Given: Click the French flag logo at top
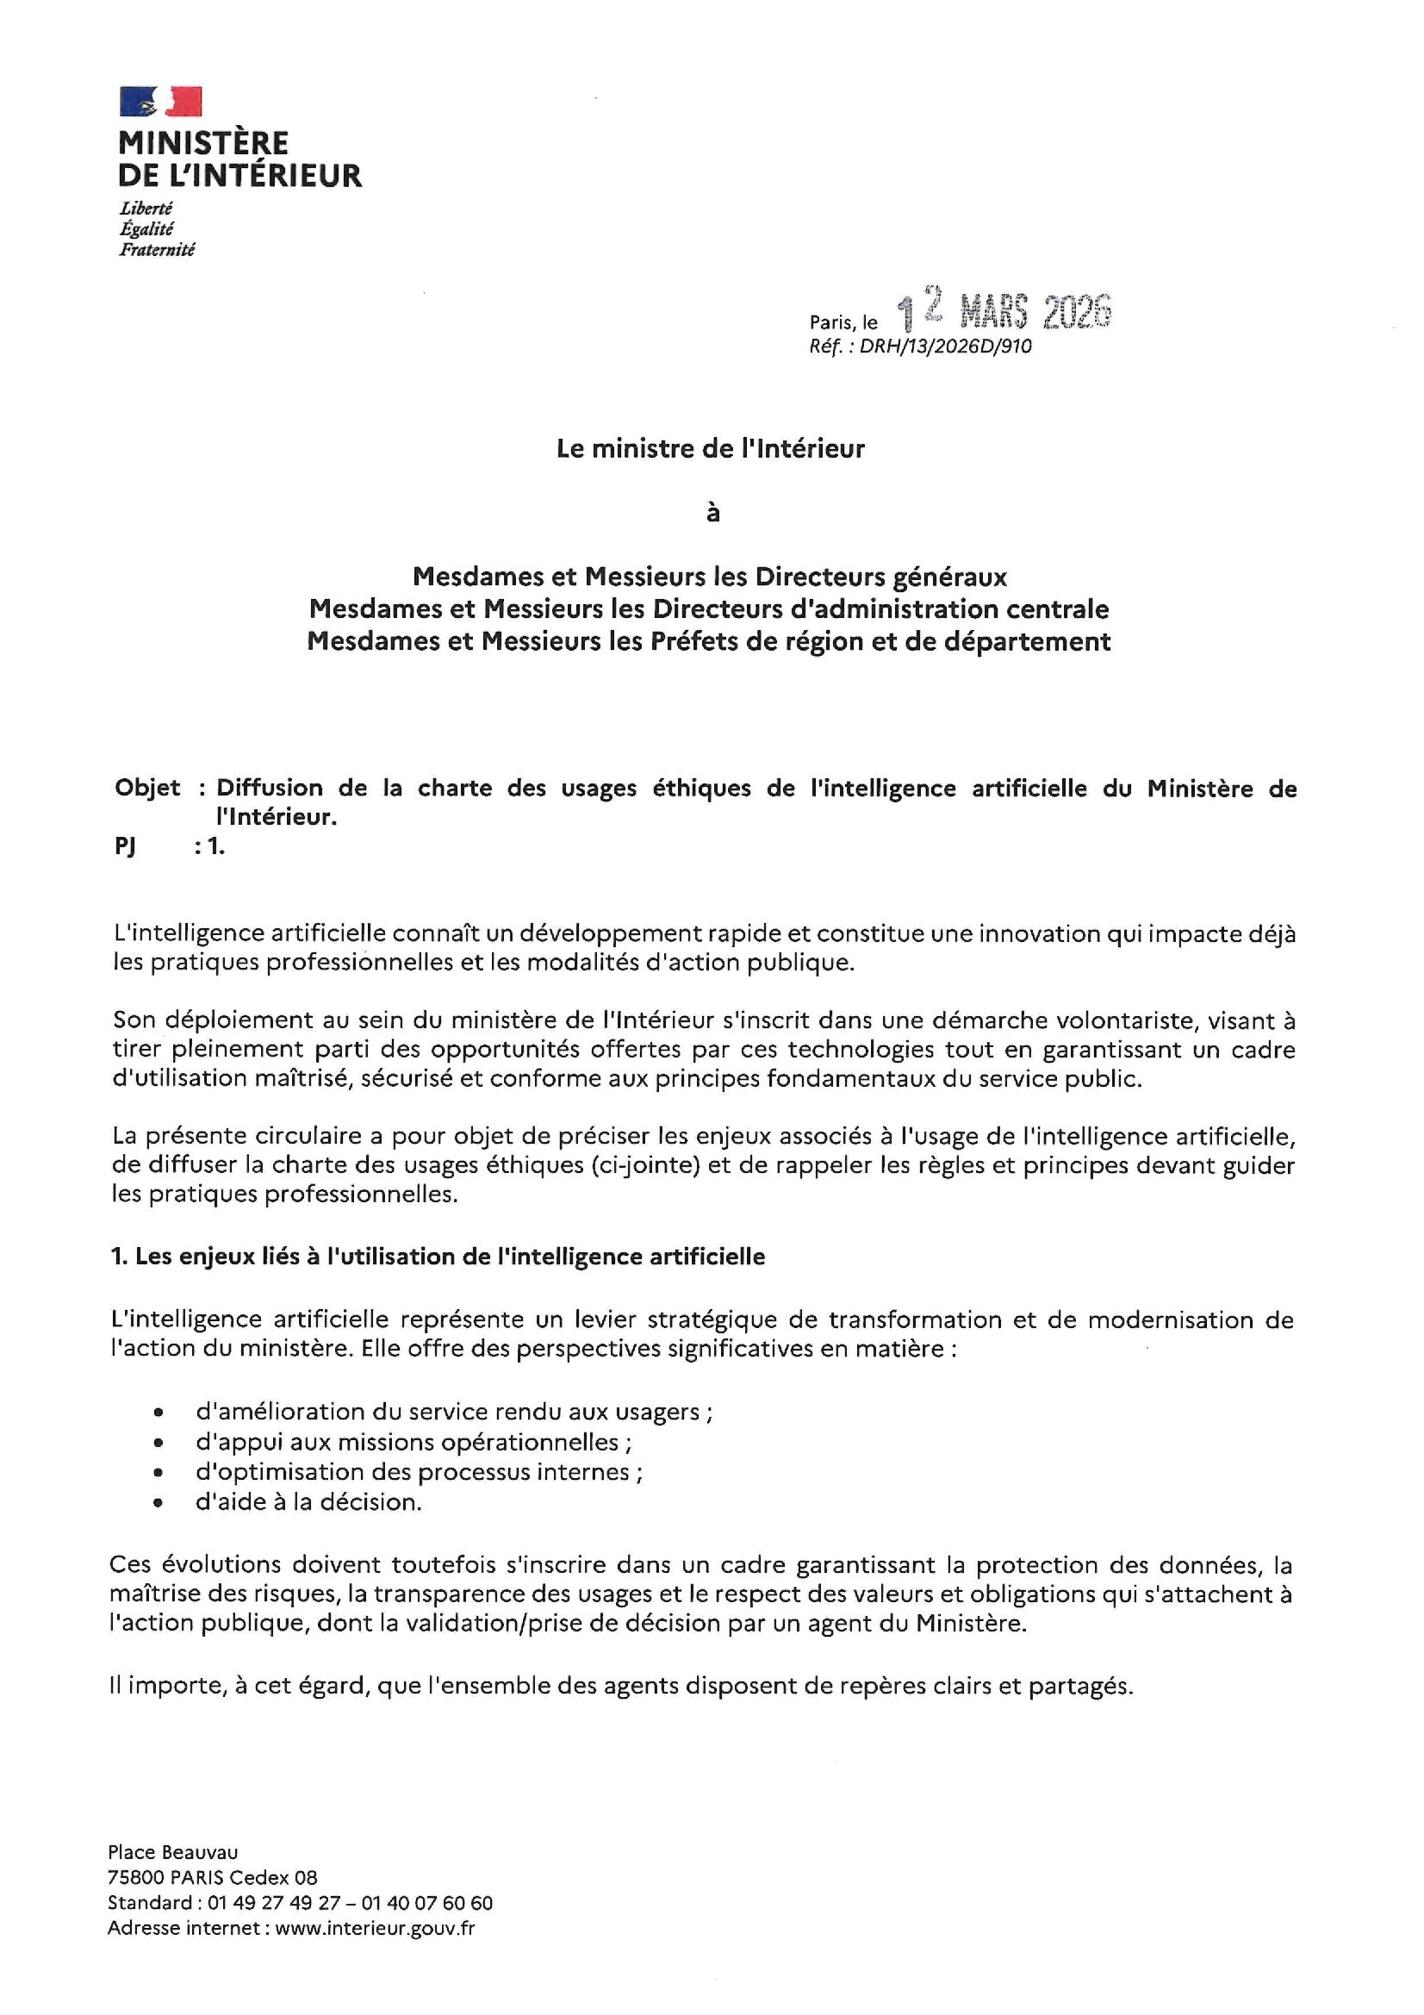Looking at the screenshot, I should click(x=160, y=101).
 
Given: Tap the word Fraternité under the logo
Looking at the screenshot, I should click(x=157, y=250).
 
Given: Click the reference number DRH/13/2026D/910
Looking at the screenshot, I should click(x=945, y=346).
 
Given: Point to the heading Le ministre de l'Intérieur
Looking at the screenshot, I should click(x=711, y=448).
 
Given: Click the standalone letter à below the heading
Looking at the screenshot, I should click(x=712, y=513).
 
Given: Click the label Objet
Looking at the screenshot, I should click(x=147, y=787).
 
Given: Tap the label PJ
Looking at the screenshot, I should click(x=125, y=845).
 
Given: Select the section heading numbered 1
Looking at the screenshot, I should click(x=438, y=1256).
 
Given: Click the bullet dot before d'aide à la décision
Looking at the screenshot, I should click(x=158, y=1502).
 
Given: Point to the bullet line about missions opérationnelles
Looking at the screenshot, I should click(x=414, y=1442).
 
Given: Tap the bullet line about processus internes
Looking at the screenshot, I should click(x=419, y=1472).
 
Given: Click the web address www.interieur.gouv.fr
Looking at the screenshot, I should click(x=375, y=1928).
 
